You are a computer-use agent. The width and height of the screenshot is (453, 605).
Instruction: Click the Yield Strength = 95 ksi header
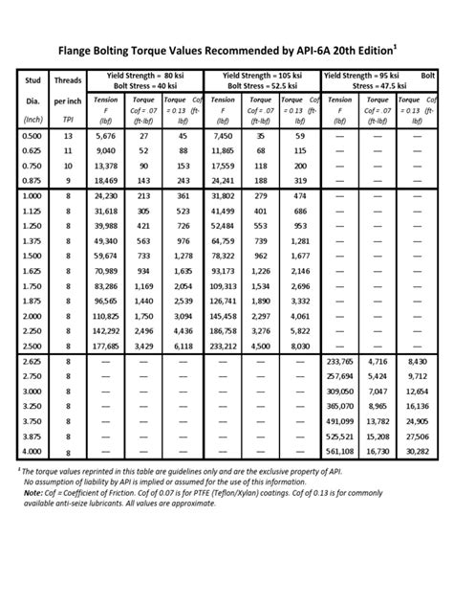point(365,74)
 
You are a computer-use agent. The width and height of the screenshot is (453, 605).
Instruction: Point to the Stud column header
point(32,82)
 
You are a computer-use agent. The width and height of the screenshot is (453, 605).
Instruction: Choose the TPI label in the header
point(68,122)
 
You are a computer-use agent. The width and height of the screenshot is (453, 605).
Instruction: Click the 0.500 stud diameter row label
point(32,137)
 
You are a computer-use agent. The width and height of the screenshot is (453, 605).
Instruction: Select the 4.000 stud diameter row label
point(32,451)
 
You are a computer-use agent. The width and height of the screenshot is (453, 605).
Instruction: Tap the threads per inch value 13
point(68,137)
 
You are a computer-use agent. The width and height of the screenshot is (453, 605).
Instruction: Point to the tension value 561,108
point(341,451)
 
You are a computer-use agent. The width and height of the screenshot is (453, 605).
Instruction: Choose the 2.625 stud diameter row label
point(32,362)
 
